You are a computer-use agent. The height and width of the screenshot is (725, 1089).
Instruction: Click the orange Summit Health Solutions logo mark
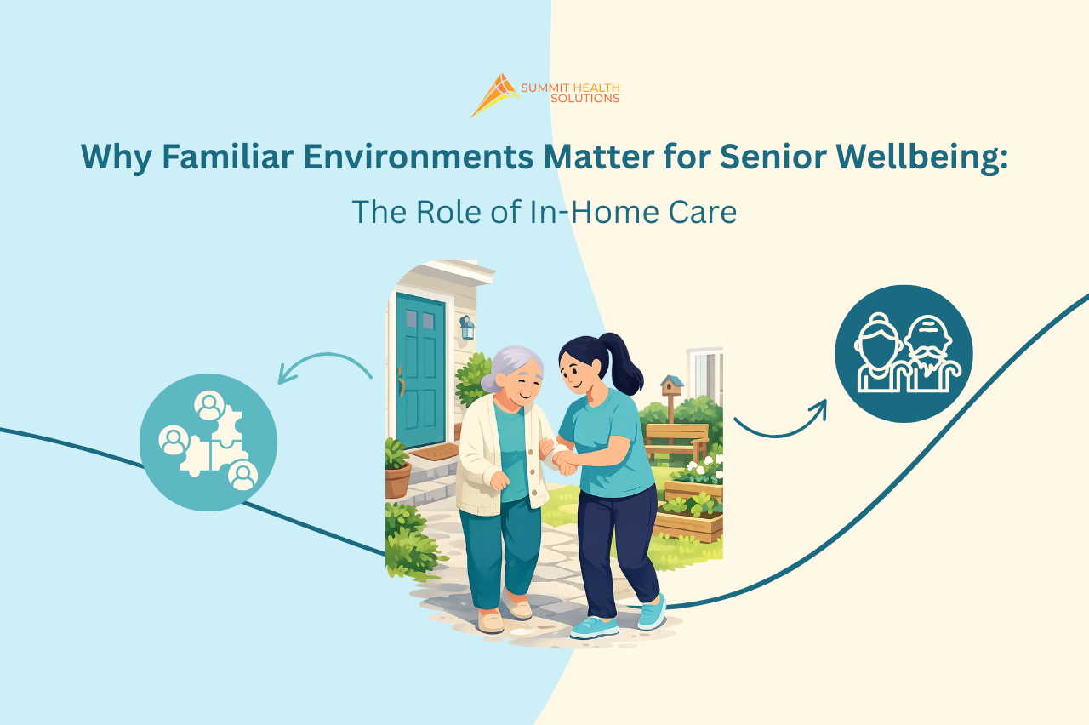[495, 94]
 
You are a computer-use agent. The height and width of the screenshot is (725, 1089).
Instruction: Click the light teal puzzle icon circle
[208, 442]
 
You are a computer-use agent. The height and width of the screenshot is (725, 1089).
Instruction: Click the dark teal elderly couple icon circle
[904, 353]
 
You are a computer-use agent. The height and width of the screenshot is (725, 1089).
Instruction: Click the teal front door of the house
[420, 370]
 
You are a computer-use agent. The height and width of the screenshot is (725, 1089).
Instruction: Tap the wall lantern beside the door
[467, 327]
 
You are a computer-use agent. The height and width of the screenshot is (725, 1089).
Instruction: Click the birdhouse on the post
[671, 387]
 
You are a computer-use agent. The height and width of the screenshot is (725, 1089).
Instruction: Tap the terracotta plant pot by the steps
[397, 479]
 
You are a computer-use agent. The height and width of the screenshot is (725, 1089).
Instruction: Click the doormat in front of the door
[434, 452]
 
